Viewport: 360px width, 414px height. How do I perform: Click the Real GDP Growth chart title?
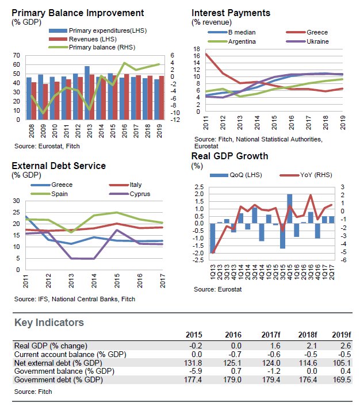click(229, 156)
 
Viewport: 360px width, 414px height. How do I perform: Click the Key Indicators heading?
click(49, 323)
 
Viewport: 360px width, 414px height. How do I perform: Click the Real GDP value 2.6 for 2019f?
click(344, 346)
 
